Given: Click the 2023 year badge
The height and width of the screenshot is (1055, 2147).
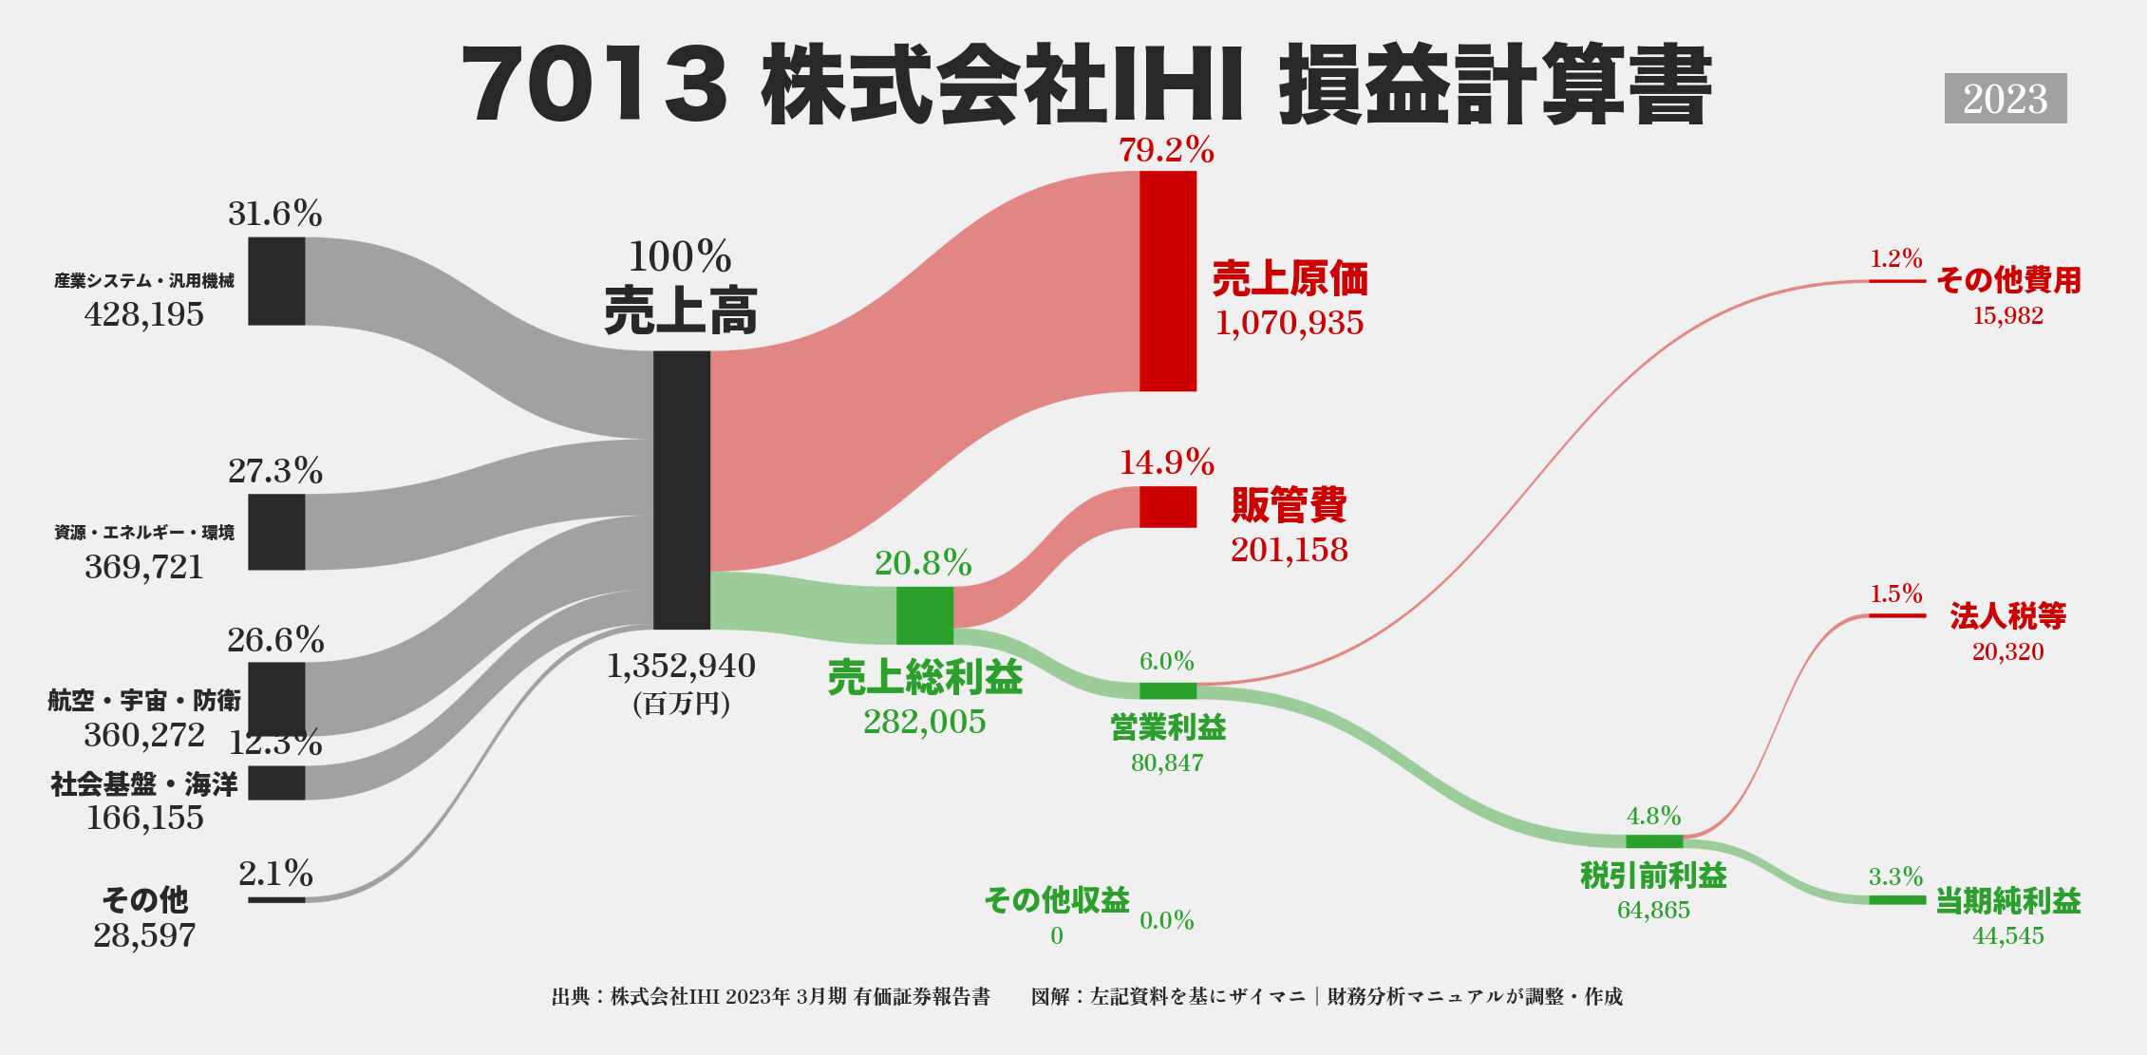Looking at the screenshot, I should [x=2005, y=99].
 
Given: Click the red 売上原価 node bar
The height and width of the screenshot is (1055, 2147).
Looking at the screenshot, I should [x=1168, y=281].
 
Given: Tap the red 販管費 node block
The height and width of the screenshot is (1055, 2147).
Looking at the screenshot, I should [x=1168, y=507].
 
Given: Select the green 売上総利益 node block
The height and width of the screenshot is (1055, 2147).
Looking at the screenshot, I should [x=925, y=615].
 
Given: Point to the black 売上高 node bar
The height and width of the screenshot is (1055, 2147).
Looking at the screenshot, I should [x=682, y=490].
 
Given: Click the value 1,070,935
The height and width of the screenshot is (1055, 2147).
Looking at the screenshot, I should [x=1290, y=323].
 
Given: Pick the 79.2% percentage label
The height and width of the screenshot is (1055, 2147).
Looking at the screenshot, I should [x=1166, y=150].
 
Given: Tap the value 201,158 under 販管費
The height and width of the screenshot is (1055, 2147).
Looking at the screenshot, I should [x=1290, y=550].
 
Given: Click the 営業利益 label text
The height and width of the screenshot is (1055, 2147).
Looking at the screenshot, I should [x=1168, y=727].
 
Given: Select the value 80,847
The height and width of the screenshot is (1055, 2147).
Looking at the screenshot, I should [x=1167, y=763].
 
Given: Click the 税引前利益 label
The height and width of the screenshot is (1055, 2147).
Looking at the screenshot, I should [x=1653, y=876].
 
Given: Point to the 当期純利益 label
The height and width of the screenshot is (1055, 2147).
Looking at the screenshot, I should [x=2008, y=900].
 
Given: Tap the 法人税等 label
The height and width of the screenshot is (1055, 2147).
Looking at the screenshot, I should [x=2008, y=616].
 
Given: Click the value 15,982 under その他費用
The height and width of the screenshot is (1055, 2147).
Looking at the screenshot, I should [x=2008, y=315].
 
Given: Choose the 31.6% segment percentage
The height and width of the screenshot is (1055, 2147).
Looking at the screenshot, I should [x=275, y=214].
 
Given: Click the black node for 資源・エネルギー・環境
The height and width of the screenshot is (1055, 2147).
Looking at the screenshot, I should [x=276, y=532].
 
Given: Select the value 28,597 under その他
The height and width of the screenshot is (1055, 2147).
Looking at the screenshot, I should [x=144, y=935].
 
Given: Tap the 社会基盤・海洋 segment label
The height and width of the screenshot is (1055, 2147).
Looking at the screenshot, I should [x=144, y=784].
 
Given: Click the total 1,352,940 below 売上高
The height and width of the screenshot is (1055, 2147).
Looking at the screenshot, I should [x=681, y=666].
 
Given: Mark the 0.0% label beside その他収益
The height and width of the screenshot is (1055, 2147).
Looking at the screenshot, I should [x=1167, y=920].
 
